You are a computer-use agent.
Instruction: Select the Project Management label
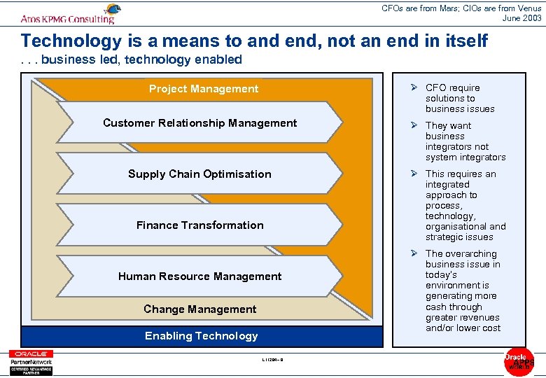tap(203, 89)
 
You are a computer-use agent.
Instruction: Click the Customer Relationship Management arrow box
tap(199, 123)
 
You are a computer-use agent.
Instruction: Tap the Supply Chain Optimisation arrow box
tap(199, 174)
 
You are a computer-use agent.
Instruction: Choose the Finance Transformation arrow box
tap(199, 225)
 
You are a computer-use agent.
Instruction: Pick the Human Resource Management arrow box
tap(199, 276)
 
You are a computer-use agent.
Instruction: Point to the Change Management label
tap(199, 309)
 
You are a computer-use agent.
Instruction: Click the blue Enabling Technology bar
tap(202, 336)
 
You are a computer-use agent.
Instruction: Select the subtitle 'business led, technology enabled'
tap(141, 59)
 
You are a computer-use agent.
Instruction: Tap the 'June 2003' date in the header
tap(521, 17)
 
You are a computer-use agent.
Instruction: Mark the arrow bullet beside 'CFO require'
tap(414, 87)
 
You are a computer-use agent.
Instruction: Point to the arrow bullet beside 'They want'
tap(414, 125)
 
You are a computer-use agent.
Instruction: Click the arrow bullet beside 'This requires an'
tap(414, 174)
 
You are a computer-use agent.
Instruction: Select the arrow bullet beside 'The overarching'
tap(414, 253)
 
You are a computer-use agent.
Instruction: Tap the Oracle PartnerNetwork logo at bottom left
tap(30, 361)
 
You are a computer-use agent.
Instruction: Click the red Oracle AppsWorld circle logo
tap(519, 361)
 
